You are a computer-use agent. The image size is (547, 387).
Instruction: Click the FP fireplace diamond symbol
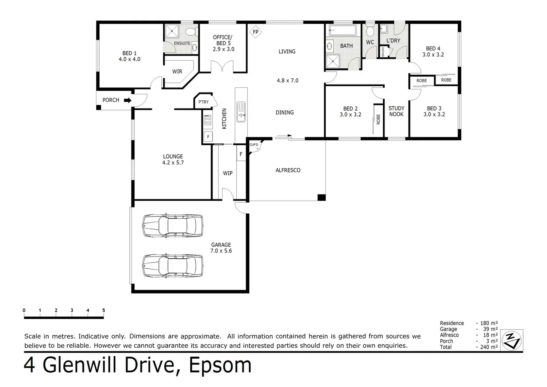pos(255,32)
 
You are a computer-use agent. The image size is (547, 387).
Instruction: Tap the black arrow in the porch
pos(128,100)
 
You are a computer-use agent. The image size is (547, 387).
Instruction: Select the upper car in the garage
pos(173,225)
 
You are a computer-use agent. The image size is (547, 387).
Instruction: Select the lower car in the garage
pos(173,266)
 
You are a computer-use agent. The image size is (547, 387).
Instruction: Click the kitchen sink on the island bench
pos(241,112)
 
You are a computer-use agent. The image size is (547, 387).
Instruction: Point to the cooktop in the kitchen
pos(207,120)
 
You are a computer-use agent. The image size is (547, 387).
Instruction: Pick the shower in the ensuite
pos(172,31)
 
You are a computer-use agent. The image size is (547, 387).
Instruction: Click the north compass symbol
pos(512,340)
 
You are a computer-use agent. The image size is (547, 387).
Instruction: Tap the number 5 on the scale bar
pos(104,310)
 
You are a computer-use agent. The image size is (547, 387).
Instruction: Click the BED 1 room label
pos(129,53)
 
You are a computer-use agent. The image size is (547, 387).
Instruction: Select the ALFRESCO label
pos(288,170)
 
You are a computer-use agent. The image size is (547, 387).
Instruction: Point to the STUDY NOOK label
pos(396,111)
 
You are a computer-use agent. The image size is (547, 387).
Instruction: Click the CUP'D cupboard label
pos(254,145)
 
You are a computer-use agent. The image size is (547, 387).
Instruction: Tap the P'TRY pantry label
pos(203,102)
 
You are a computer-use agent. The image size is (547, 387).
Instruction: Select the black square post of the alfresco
pos(322,197)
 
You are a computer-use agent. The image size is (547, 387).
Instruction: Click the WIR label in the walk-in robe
pos(177,72)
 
